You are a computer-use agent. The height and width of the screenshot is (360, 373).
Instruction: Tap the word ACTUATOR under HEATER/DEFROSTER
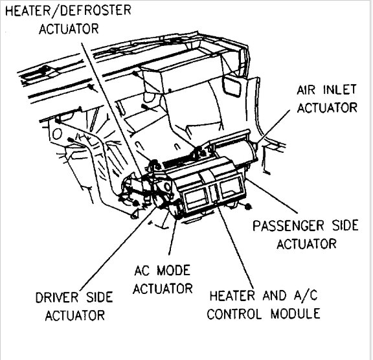click(69, 28)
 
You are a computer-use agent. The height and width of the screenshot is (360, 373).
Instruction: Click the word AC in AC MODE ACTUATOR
click(144, 271)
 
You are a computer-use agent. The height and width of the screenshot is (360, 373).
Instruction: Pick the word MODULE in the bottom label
click(296, 315)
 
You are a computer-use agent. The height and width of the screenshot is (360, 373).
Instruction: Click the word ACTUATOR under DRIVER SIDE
click(72, 315)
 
